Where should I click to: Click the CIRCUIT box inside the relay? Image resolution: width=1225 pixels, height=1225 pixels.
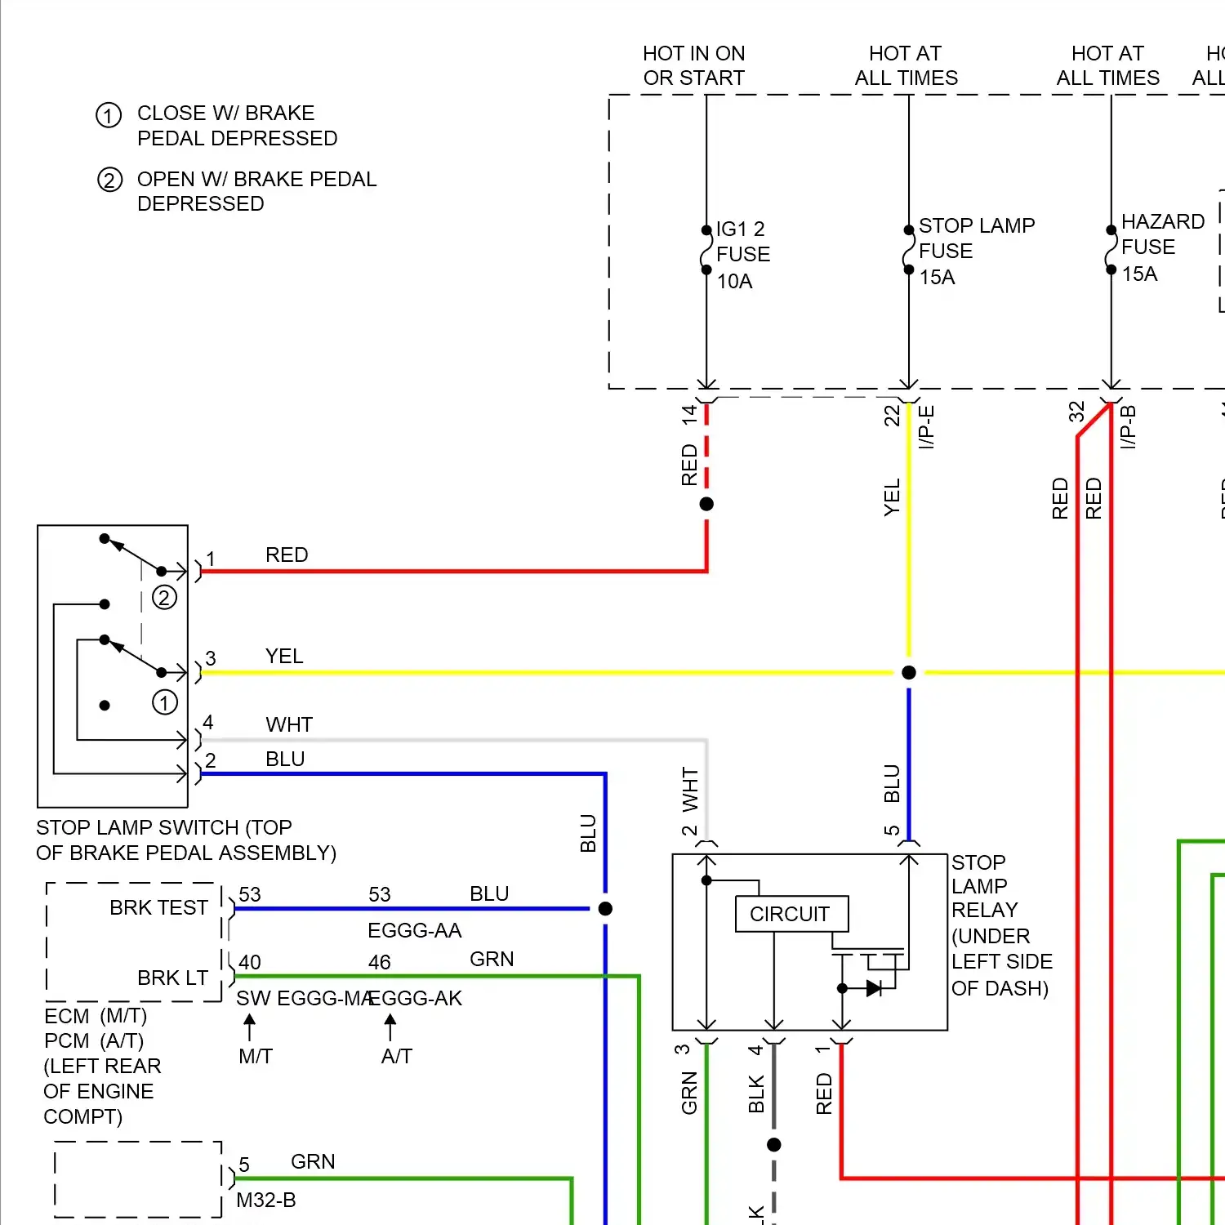coord(791,914)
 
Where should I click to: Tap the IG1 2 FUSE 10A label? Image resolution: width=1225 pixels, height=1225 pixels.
coord(742,255)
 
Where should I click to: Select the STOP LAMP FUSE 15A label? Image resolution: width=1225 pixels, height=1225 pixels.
coord(976,251)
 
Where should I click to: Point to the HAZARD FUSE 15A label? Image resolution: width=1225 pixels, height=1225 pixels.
coord(1161,247)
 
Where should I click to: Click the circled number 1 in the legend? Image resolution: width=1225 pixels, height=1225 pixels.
coord(109,115)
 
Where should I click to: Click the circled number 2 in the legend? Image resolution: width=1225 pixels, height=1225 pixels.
coord(109,180)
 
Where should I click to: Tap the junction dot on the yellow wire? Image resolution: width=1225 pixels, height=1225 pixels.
coord(909,672)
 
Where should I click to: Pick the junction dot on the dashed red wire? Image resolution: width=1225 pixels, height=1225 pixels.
coord(706,504)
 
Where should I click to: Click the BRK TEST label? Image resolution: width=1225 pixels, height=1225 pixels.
coord(158,907)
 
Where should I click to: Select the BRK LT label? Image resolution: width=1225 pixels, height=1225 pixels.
coord(172,978)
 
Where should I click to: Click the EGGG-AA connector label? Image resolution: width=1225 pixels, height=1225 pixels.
coord(414,930)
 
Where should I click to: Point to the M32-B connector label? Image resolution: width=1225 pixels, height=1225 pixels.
coord(265,1200)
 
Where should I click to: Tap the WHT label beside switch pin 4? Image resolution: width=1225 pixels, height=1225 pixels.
coord(288,724)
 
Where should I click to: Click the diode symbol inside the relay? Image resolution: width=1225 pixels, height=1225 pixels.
coord(873,988)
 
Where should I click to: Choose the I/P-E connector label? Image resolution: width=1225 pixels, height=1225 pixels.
coord(926,426)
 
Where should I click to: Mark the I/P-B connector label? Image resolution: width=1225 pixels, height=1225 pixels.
coord(1128,426)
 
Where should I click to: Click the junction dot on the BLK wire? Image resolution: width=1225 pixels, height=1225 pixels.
coord(774,1145)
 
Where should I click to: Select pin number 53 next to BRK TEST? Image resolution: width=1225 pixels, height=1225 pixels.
coord(250,894)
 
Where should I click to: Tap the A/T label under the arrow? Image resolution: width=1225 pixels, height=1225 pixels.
coord(397,1056)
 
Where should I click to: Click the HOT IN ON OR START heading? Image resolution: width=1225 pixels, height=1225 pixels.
coord(694,65)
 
